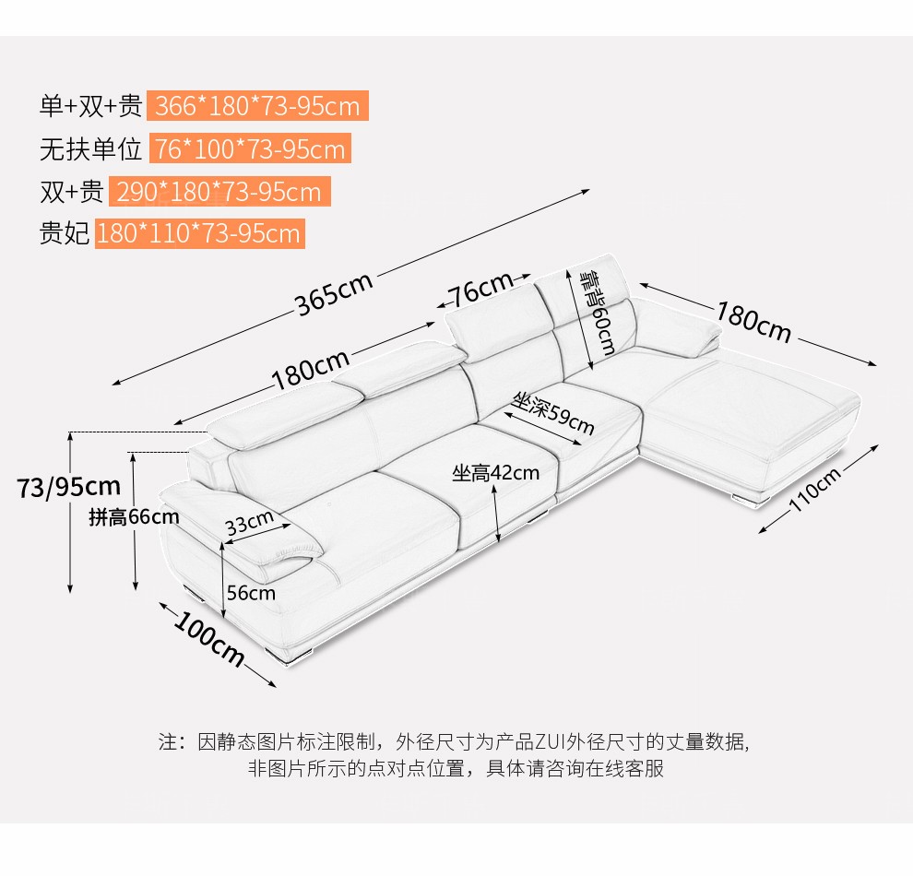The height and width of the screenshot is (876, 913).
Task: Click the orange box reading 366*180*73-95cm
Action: tap(257, 106)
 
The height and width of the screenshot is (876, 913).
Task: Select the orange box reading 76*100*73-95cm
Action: tap(249, 149)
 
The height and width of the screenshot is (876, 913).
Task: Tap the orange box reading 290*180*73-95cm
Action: tap(219, 192)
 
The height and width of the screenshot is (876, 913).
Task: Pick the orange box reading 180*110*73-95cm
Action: tap(199, 233)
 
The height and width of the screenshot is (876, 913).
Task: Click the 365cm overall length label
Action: tap(334, 293)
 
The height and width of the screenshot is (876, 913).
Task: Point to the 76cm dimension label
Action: tap(480, 290)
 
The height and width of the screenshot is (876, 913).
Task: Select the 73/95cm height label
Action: tap(69, 486)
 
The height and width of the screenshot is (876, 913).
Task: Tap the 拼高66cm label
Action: tap(134, 516)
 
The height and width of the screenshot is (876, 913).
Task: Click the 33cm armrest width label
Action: tap(250, 523)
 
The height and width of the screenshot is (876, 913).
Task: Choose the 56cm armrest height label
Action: tap(251, 593)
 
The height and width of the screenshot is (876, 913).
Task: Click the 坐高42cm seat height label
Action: tap(495, 473)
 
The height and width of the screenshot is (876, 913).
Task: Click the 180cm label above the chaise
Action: tap(753, 320)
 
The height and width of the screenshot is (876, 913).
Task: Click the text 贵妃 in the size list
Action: tap(64, 233)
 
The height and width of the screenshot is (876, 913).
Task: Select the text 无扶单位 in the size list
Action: tap(90, 149)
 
